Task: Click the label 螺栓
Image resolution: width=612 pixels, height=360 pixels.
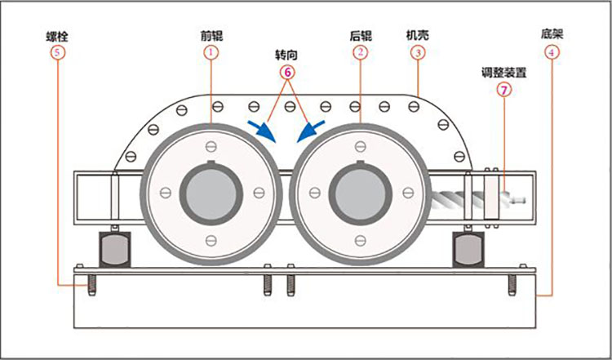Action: (x=57, y=37)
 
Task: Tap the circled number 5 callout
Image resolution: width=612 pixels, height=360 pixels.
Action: (x=57, y=51)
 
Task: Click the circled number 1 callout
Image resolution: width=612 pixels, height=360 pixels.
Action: (x=211, y=51)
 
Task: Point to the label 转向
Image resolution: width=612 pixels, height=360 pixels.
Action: (x=286, y=56)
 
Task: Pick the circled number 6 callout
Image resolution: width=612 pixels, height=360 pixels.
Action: (x=286, y=71)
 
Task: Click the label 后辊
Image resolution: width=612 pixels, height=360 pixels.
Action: (x=360, y=37)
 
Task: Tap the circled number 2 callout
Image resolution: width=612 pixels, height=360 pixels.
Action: (x=360, y=51)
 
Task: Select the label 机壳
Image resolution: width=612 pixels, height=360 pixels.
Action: (x=417, y=37)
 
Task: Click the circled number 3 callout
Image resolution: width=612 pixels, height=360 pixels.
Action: (x=417, y=52)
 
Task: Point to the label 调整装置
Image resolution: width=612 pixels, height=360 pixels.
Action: (x=503, y=72)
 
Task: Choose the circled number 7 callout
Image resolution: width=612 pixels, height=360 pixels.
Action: (x=503, y=88)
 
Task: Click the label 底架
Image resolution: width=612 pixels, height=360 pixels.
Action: (x=552, y=35)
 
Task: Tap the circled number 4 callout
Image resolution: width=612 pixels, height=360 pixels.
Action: (x=552, y=51)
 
